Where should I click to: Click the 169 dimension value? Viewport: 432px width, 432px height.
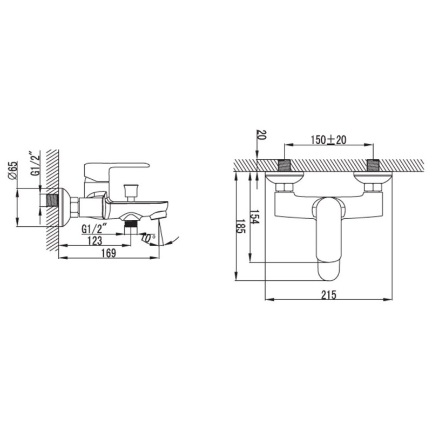(x=109, y=253)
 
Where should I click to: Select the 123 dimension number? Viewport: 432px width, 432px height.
(x=95, y=240)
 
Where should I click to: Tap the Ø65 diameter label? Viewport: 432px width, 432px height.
(x=12, y=171)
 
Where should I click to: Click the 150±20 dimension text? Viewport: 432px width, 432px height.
(x=329, y=140)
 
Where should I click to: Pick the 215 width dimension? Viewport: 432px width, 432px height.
(x=329, y=295)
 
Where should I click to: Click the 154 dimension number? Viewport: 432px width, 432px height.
(x=254, y=217)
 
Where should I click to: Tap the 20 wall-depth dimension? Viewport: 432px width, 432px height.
(x=261, y=134)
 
